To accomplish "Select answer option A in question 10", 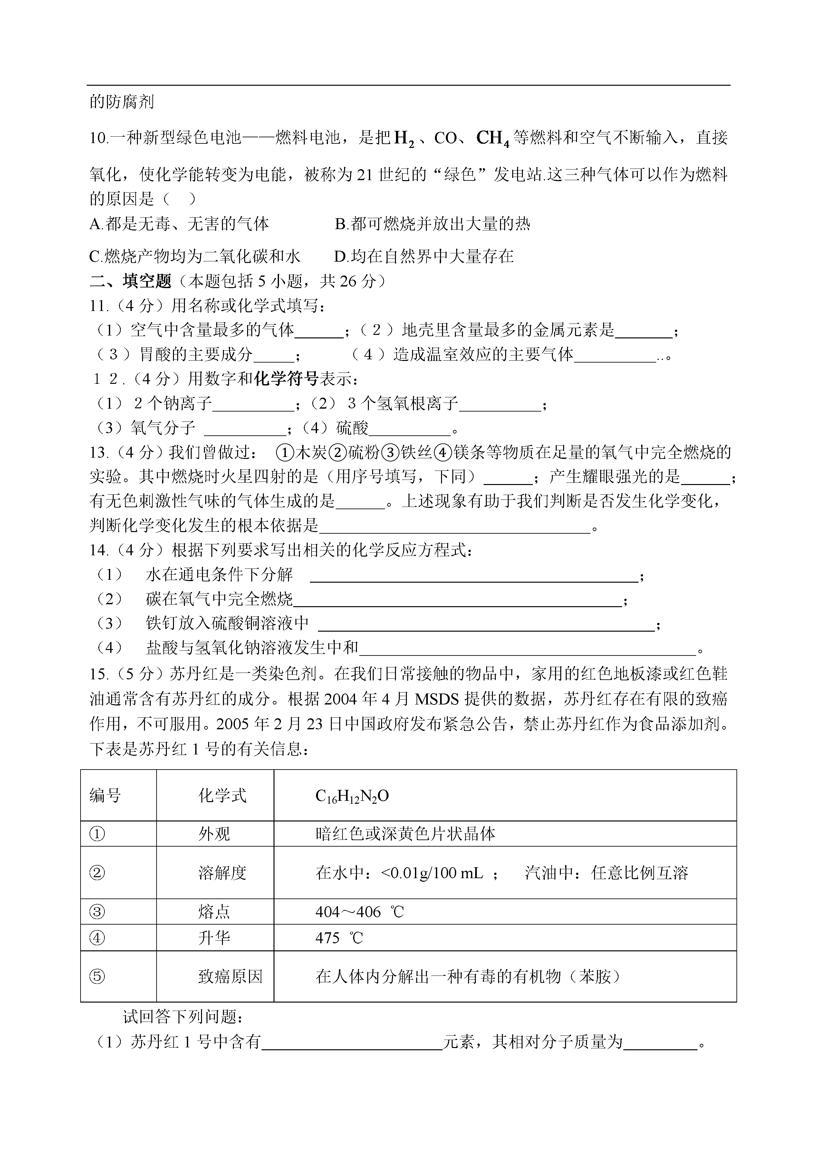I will click(x=178, y=224).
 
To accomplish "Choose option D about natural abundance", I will click(x=424, y=257).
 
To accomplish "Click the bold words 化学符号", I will click(x=286, y=379).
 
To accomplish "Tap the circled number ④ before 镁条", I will click(x=443, y=453).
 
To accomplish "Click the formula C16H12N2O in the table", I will click(x=352, y=796).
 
